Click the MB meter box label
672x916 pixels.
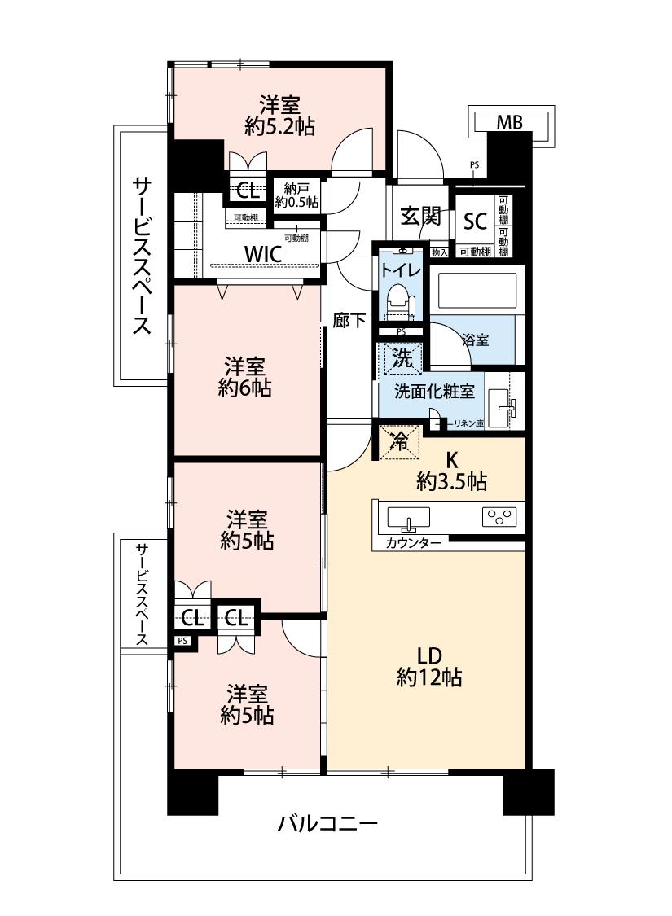[510, 123]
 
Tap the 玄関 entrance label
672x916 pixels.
[420, 216]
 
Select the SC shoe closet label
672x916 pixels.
[475, 221]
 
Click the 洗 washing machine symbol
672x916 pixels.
[402, 357]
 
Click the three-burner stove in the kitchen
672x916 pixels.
[499, 517]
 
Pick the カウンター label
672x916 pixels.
[413, 543]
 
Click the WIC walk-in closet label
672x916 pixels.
[263, 254]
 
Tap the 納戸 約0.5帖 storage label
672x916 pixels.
[296, 195]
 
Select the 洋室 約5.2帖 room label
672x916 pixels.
[280, 116]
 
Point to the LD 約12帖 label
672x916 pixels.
[429, 666]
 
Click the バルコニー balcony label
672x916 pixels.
[327, 824]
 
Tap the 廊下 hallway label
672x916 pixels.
[349, 320]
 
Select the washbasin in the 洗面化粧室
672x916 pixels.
[503, 403]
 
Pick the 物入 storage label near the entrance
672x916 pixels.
[439, 252]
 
